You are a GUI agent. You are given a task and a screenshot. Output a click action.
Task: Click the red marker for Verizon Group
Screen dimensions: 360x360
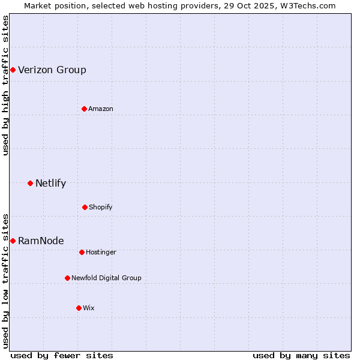[x=13, y=70]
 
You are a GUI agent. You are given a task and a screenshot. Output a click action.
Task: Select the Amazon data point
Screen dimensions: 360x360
[x=84, y=109]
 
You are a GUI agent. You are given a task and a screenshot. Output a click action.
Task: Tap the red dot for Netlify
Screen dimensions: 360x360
[x=30, y=183]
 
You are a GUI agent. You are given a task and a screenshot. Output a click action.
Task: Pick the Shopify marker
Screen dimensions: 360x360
[x=85, y=207]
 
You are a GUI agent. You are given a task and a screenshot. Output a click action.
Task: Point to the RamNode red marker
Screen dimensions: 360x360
[x=13, y=241]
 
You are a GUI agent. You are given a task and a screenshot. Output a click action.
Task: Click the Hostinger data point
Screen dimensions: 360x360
[x=82, y=252]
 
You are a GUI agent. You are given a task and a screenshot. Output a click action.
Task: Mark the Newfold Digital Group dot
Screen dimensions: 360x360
[x=67, y=278]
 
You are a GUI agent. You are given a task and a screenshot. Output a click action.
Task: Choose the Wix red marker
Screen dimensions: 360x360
[x=79, y=308]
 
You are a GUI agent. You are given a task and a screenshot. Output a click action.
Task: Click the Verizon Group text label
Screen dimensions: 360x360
[x=52, y=70]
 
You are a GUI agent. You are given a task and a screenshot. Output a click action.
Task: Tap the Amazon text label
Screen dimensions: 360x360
[x=101, y=109]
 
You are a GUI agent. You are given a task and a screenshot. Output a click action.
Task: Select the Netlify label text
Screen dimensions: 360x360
[x=50, y=183]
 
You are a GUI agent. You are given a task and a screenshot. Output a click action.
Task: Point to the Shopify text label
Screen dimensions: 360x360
[x=101, y=207]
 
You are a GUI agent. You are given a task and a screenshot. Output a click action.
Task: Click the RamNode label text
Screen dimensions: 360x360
[x=41, y=241]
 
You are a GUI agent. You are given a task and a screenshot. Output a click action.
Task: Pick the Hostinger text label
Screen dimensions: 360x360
[x=101, y=252]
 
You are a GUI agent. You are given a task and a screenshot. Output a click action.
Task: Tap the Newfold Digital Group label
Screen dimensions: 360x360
[x=106, y=278]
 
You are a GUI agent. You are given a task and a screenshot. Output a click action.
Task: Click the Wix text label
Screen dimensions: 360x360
[x=89, y=308]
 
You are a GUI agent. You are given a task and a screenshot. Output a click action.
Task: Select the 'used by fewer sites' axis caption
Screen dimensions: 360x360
[x=62, y=355]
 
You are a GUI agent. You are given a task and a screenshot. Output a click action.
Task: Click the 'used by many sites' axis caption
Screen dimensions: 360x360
[x=301, y=355]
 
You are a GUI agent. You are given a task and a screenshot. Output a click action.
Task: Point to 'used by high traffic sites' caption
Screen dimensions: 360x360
[x=5, y=85]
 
